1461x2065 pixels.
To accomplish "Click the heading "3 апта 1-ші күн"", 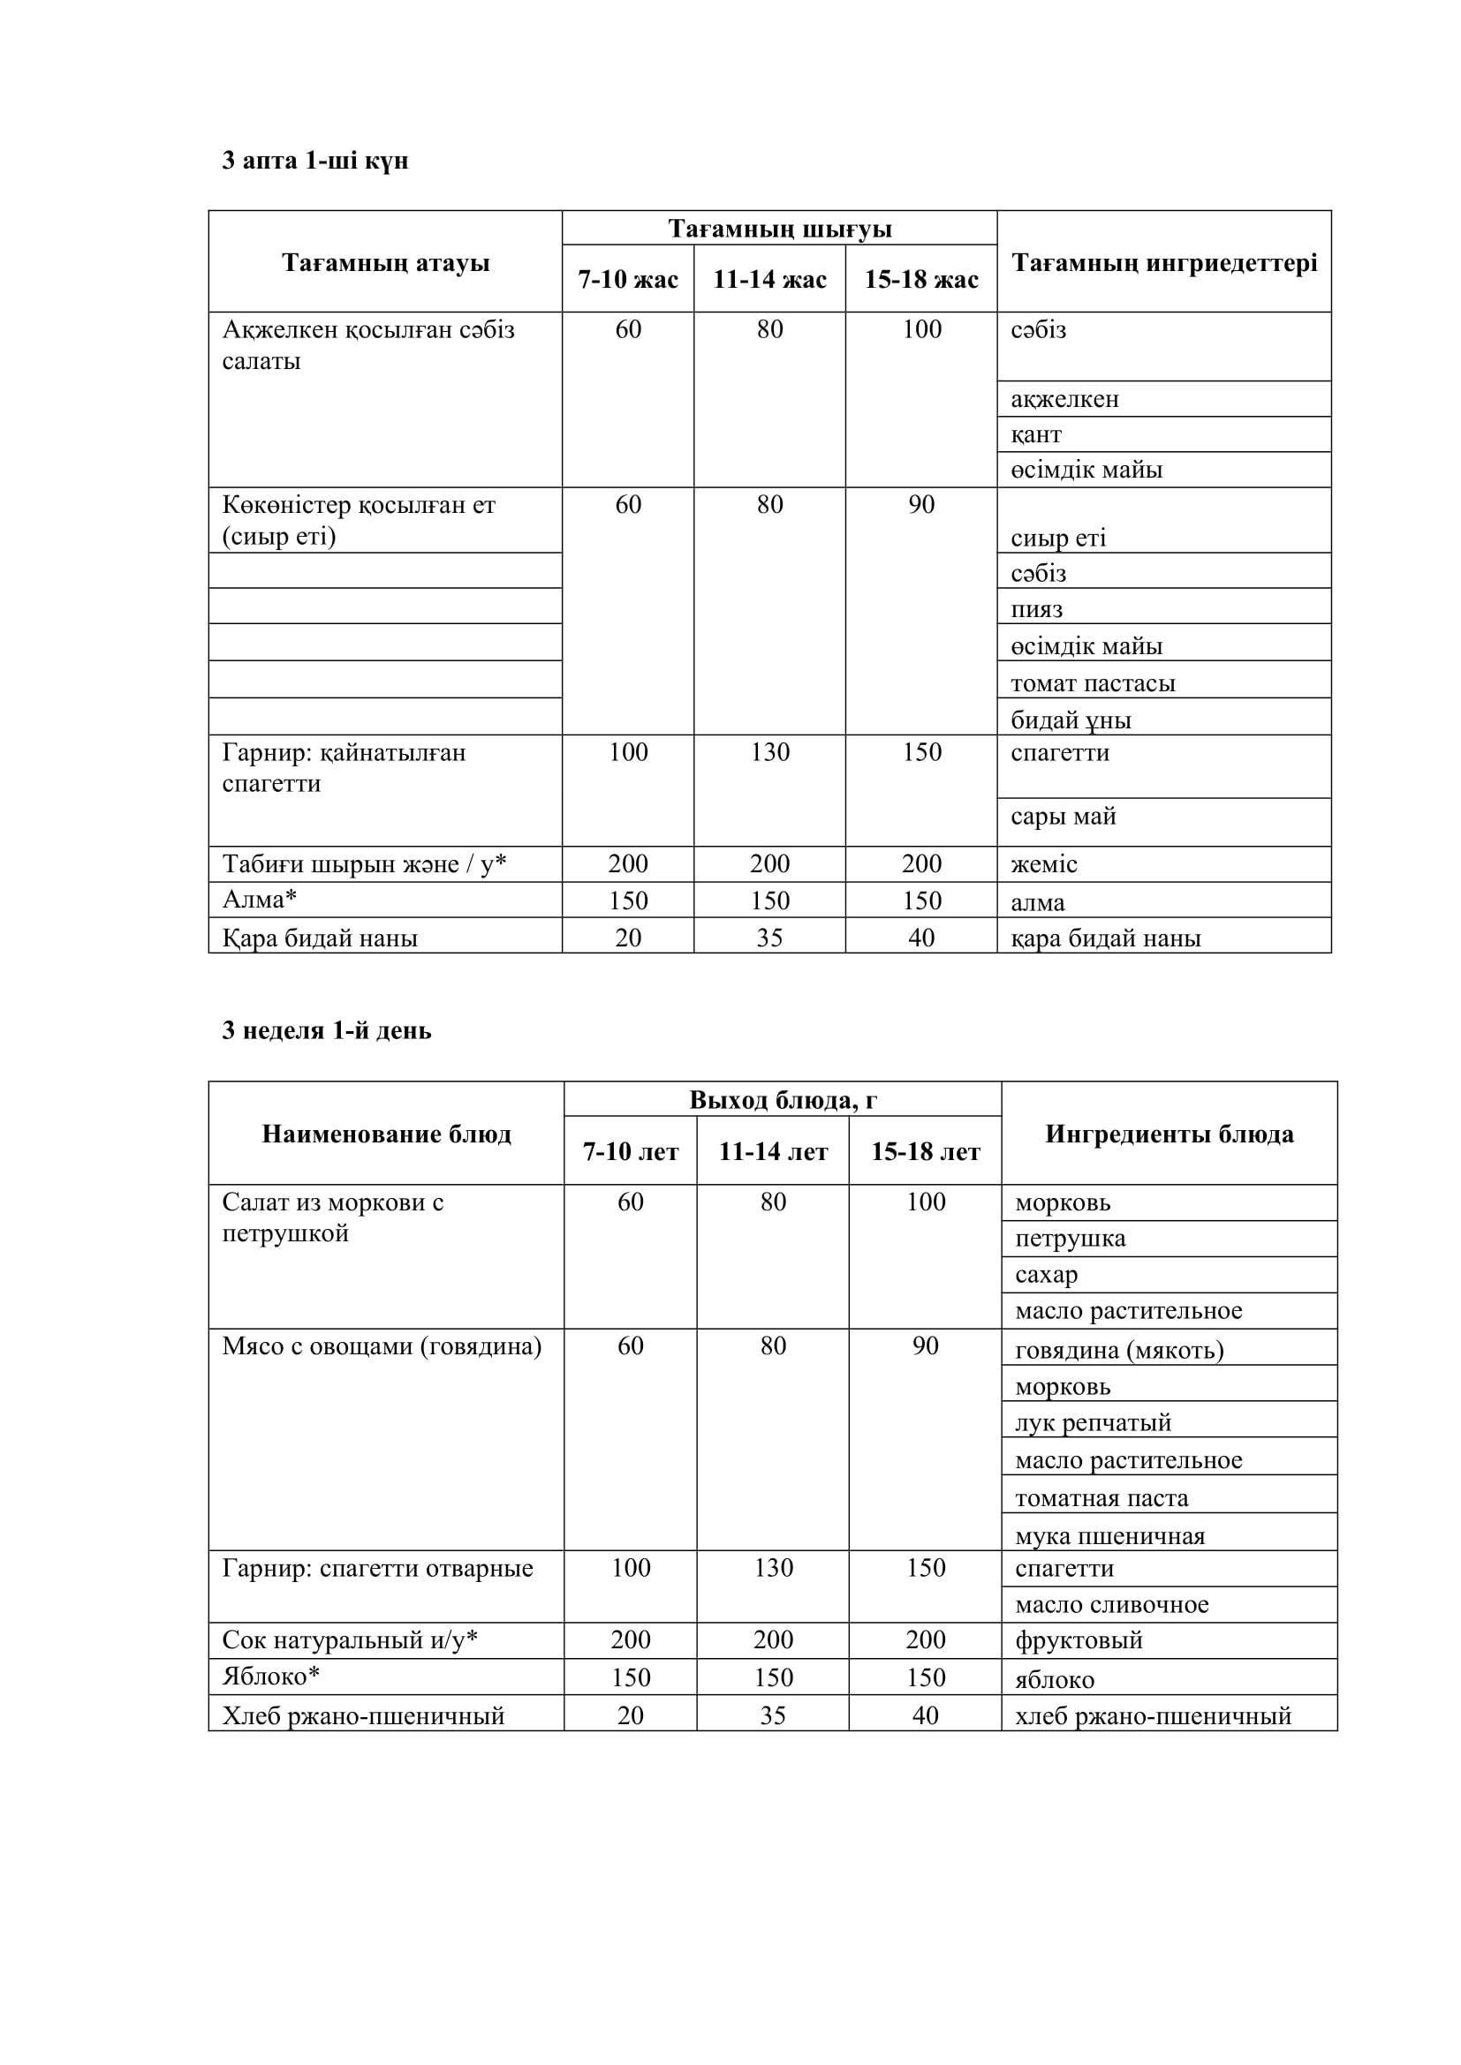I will pyautogui.click(x=314, y=161).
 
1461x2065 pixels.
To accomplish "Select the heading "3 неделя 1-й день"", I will pyautogui.click(x=327, y=1030).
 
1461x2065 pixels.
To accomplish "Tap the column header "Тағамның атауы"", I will pyautogui.click(x=385, y=262).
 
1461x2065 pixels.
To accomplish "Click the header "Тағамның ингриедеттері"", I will pyautogui.click(x=1164, y=262).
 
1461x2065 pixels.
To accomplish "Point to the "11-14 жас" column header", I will pyautogui.click(x=769, y=280).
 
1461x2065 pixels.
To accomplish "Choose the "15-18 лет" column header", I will pyautogui.click(x=925, y=1152).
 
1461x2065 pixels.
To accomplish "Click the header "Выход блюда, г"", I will pyautogui.click(x=783, y=1100).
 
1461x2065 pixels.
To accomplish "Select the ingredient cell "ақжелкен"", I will pyautogui.click(x=1064, y=399).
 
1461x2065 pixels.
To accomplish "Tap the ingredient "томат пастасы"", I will pyautogui.click(x=1092, y=683).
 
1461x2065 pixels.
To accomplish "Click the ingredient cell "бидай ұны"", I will pyautogui.click(x=1071, y=720).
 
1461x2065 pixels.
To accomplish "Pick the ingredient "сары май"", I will pyautogui.click(x=1063, y=817).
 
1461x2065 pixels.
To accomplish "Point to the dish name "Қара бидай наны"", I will pyautogui.click(x=320, y=938).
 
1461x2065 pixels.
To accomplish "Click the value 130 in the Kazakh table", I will pyautogui.click(x=770, y=752).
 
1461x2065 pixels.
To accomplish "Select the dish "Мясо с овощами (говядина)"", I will pyautogui.click(x=382, y=1346).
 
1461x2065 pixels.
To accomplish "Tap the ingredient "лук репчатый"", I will pyautogui.click(x=1092, y=1424).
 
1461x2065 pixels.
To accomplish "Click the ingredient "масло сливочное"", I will pyautogui.click(x=1111, y=1605).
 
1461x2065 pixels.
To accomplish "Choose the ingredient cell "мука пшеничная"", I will pyautogui.click(x=1109, y=1536).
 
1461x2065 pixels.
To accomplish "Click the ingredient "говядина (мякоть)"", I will pyautogui.click(x=1118, y=1350).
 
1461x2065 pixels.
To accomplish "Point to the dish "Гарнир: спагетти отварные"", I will pyautogui.click(x=377, y=1569).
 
